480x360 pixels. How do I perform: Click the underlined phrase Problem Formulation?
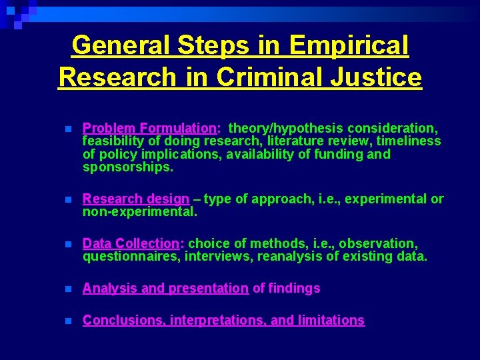pyautogui.click(x=149, y=128)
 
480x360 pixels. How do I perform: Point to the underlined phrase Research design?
pyautogui.click(x=136, y=199)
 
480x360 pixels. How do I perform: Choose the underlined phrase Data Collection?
pyautogui.click(x=131, y=243)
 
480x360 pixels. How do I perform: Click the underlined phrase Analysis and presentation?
pyautogui.click(x=165, y=288)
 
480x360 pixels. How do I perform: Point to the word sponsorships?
pyautogui.click(x=127, y=167)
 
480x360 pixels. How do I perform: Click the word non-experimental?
pyautogui.click(x=139, y=212)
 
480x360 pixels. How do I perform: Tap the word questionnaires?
pyautogui.click(x=131, y=257)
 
